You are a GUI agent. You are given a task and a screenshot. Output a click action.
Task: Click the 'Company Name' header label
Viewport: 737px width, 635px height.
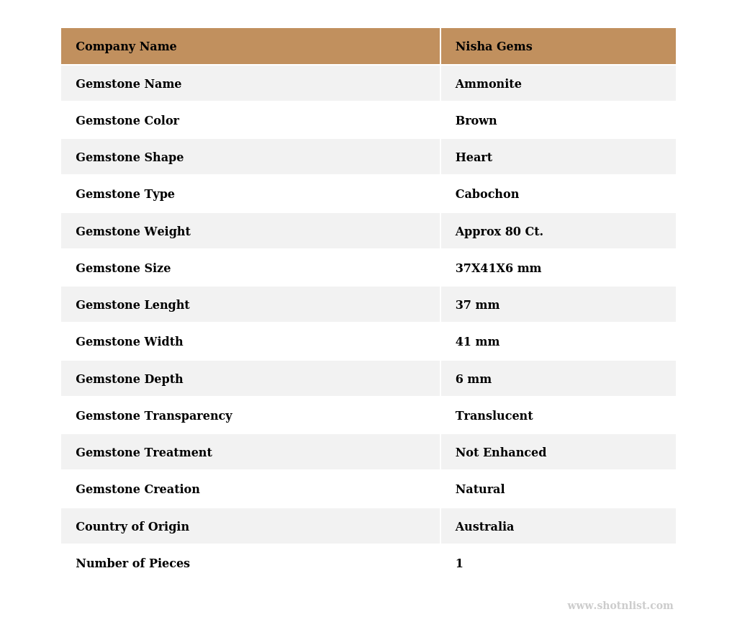click(x=126, y=47)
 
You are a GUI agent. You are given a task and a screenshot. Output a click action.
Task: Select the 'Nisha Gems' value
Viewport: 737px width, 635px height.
click(x=494, y=47)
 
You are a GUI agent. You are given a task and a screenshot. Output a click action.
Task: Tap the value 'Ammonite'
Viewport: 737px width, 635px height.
click(x=488, y=84)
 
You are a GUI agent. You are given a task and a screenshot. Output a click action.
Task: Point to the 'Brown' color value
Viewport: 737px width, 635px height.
click(x=476, y=121)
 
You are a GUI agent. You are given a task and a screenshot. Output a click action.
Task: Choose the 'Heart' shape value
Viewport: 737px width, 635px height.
click(x=474, y=158)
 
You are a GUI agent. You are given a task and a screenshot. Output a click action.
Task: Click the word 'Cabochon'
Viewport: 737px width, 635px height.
click(x=487, y=194)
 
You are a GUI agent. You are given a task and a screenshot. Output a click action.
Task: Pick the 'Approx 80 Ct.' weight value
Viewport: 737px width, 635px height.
click(x=499, y=232)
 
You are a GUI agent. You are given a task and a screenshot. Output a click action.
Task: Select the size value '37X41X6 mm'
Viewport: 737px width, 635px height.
click(x=498, y=269)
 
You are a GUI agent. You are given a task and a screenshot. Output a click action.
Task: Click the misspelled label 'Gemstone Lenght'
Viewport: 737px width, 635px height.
click(x=132, y=305)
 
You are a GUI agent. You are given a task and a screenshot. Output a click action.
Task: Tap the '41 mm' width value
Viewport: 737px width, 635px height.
click(x=477, y=342)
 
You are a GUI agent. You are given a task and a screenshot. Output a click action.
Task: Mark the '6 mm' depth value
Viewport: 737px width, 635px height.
click(x=473, y=379)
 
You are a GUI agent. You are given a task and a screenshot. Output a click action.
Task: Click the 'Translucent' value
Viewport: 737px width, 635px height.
click(x=494, y=416)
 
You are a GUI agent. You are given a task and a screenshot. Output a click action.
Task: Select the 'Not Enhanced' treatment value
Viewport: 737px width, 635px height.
click(x=500, y=453)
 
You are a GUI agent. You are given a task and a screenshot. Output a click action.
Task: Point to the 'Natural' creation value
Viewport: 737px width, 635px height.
click(x=479, y=490)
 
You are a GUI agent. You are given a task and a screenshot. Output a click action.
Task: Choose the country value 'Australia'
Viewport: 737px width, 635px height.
click(x=484, y=527)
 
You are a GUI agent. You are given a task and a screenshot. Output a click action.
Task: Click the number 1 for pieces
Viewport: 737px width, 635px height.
click(x=459, y=564)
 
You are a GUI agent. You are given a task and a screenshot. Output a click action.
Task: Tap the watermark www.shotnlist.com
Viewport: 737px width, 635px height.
click(x=620, y=606)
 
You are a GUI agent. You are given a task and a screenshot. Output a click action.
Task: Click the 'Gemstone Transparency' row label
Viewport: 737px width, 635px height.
click(x=153, y=416)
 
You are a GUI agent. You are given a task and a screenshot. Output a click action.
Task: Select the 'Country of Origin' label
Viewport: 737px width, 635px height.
click(x=132, y=527)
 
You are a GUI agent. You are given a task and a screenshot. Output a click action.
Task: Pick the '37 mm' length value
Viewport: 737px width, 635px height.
click(x=477, y=305)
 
